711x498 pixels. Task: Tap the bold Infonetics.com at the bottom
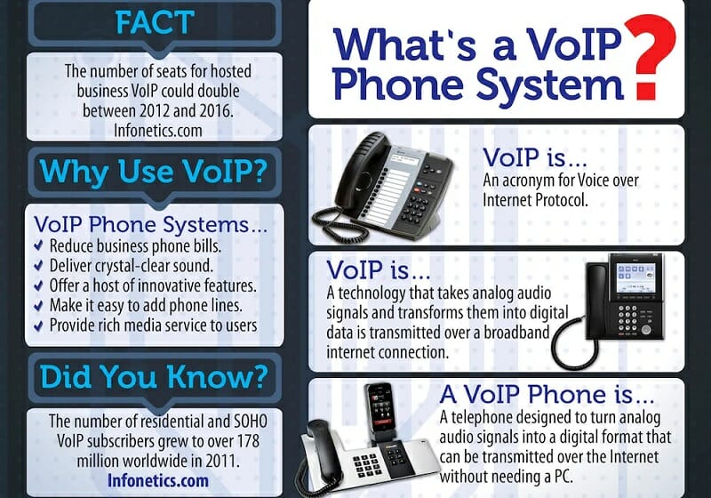pos(155,481)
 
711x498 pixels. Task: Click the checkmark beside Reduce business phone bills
pos(38,245)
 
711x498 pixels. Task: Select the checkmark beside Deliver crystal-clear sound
pos(38,265)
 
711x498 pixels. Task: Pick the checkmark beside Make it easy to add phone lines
pos(38,305)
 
